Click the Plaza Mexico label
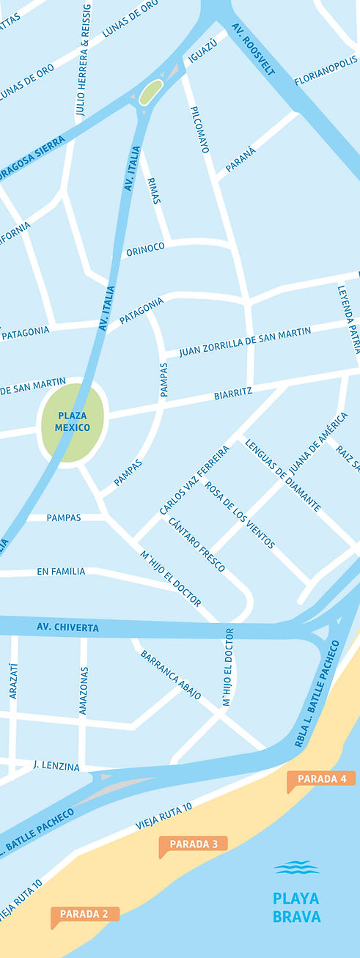click(x=73, y=421)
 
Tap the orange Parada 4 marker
click(x=321, y=778)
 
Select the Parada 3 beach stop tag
click(x=194, y=844)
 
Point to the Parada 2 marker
click(x=84, y=914)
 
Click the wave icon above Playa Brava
click(x=296, y=868)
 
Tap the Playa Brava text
click(x=296, y=907)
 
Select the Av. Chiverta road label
click(x=67, y=627)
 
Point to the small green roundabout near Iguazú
click(x=150, y=92)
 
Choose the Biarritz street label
click(x=233, y=393)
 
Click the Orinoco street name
click(x=145, y=250)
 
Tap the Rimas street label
click(x=154, y=190)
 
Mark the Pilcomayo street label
click(x=199, y=129)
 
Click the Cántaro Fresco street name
click(x=196, y=545)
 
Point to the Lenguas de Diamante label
click(x=283, y=475)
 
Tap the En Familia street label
click(x=61, y=571)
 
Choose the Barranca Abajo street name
click(x=171, y=674)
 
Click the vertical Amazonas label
click(x=84, y=690)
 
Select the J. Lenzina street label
click(x=56, y=766)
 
